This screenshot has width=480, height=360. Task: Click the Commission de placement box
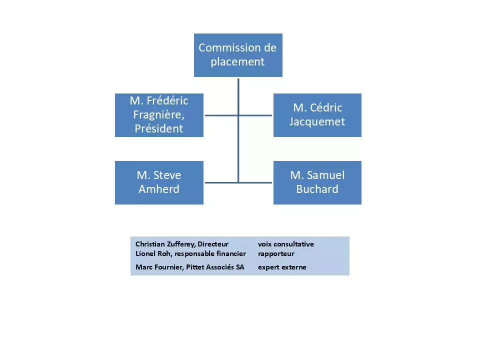[x=238, y=55]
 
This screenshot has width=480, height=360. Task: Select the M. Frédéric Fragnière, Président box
[x=159, y=115]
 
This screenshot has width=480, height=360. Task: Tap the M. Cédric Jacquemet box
[x=317, y=115]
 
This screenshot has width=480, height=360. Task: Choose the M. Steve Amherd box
[x=159, y=182]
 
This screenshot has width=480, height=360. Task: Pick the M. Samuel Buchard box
[x=317, y=182]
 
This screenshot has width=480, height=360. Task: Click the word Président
[x=159, y=128]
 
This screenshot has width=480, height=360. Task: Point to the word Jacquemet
[x=317, y=121]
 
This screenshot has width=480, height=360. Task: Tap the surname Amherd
[x=159, y=189]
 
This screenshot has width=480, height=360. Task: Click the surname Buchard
[x=317, y=189]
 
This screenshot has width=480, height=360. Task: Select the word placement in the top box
[x=237, y=62]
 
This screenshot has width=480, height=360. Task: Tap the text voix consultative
[x=286, y=244]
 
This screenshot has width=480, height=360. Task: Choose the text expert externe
[x=282, y=267]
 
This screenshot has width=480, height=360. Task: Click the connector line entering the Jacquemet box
[x=256, y=115]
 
